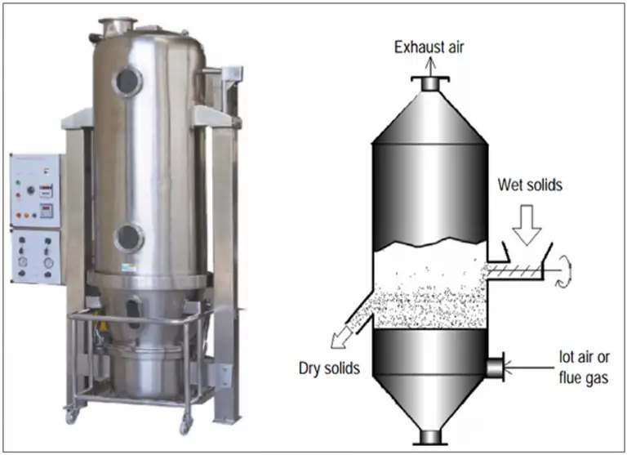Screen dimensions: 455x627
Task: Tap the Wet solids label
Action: [x=530, y=185]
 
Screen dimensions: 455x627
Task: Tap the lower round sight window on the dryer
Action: [x=129, y=238]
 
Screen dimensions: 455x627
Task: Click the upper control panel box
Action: [x=34, y=189]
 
